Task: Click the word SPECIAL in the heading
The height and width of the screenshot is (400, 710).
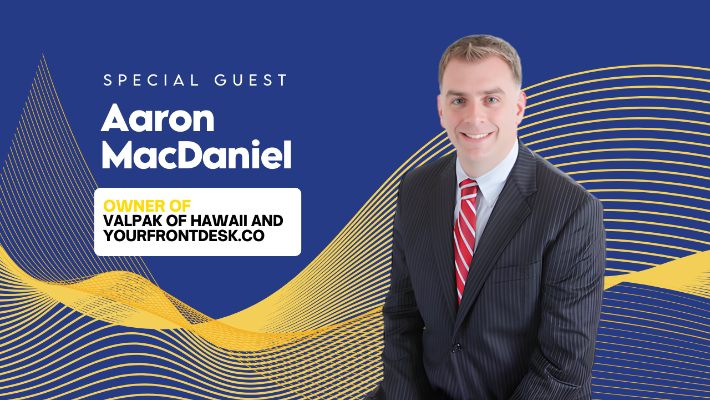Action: [151, 80]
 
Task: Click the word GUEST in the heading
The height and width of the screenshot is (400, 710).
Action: [251, 80]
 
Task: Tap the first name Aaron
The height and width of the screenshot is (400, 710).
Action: [158, 119]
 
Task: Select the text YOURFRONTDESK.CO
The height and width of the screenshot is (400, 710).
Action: [184, 236]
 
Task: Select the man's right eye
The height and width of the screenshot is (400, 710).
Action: [459, 101]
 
